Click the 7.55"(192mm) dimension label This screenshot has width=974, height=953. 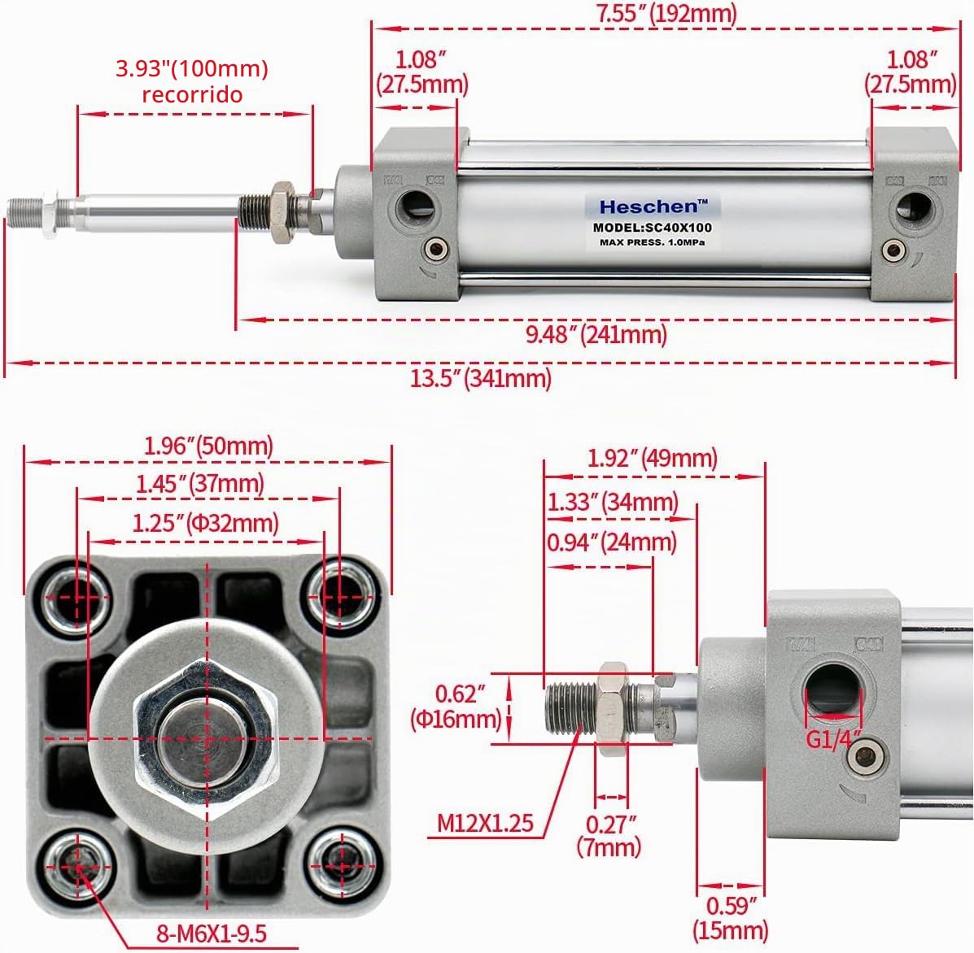point(666,13)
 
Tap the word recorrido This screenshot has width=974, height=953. point(192,95)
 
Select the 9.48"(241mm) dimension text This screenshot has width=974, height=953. point(596,335)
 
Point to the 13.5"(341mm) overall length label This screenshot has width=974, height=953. point(481,377)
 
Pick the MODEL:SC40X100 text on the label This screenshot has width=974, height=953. point(653,228)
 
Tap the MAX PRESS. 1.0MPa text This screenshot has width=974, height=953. point(653,242)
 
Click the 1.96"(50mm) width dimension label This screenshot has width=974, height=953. point(208,446)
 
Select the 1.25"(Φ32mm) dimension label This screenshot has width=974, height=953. point(206,524)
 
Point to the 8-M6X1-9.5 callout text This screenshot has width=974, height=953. point(212,933)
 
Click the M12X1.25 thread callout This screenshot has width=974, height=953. point(485,823)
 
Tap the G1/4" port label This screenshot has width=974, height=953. point(833,739)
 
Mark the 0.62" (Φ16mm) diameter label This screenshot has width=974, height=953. point(456,707)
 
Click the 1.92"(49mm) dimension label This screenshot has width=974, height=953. point(653,458)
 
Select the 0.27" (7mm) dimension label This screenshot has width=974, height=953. point(609,836)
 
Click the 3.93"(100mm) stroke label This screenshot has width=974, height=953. point(192,68)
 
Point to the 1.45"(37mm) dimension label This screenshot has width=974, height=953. point(200,484)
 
